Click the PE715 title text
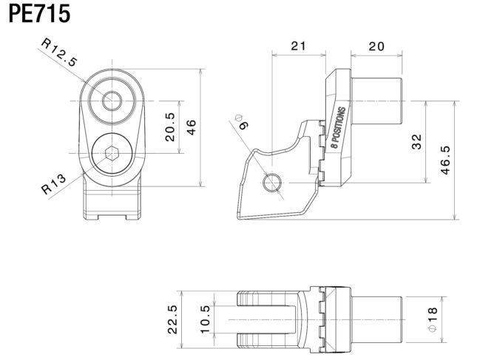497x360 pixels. (40, 14)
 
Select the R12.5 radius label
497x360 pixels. (59, 53)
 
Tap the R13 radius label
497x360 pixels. (54, 183)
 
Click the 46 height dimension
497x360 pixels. (192, 127)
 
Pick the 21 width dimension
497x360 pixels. (298, 46)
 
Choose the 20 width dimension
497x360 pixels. (376, 46)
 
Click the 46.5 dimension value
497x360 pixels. (445, 160)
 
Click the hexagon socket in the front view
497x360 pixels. (111, 155)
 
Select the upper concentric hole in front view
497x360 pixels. (112, 101)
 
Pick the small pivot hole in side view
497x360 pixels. (272, 182)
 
